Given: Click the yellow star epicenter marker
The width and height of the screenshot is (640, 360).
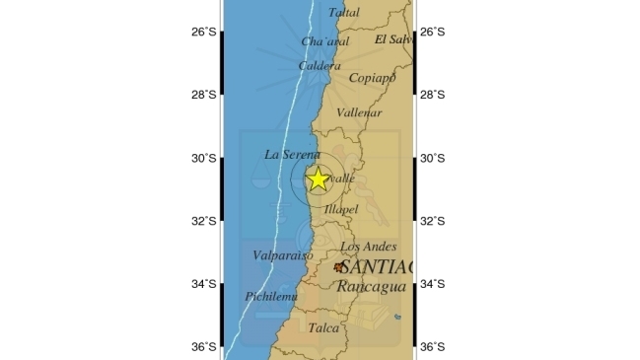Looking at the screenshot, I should pos(318,180).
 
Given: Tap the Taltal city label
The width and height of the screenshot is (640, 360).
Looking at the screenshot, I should pos(343,13).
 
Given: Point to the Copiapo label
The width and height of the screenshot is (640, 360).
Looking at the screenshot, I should pos(372,78).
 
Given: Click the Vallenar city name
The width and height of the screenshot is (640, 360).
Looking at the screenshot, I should pos(359,113).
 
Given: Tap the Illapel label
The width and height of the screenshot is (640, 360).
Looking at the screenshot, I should pos(341,209).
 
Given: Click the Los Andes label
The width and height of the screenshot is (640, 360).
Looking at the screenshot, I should pos(368,247).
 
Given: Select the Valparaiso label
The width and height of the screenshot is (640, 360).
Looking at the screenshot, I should pos(282,255).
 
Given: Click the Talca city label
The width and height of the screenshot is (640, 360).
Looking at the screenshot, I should pos(323,327).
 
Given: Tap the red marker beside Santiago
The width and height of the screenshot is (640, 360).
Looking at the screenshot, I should pos(339,267).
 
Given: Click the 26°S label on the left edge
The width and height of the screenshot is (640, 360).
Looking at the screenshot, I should pos(203,32).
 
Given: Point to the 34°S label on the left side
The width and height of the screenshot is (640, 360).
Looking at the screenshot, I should pos(203,284).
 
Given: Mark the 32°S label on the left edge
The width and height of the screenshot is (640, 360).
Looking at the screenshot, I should pos(203,221).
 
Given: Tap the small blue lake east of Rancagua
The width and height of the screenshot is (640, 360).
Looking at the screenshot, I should pos(397,317).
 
